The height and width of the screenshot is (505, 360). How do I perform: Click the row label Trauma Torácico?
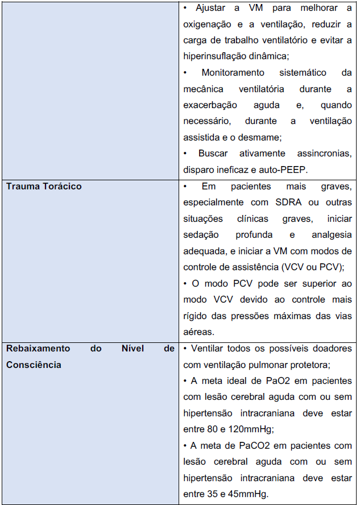click(x=44, y=186)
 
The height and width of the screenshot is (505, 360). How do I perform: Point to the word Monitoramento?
click(x=233, y=73)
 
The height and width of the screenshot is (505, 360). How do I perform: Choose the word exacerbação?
click(x=209, y=105)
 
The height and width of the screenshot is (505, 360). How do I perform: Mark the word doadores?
click(x=331, y=348)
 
